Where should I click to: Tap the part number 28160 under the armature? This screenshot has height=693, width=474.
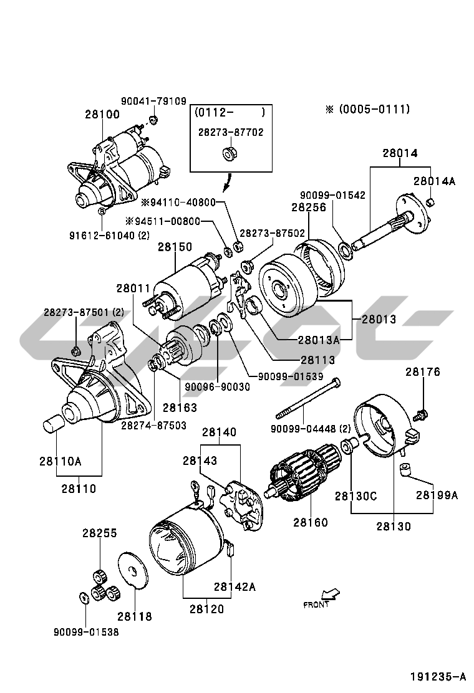click(x=310, y=522)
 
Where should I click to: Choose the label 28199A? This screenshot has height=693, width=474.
click(x=437, y=495)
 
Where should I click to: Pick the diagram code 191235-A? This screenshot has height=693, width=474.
click(x=438, y=676)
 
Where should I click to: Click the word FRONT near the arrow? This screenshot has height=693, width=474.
click(x=316, y=604)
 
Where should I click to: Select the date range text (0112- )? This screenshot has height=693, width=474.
click(x=230, y=113)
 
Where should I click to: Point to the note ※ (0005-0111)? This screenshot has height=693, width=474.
click(x=367, y=109)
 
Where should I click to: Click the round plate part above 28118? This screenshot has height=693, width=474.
click(x=132, y=568)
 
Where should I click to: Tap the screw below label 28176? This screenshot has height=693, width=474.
click(x=422, y=412)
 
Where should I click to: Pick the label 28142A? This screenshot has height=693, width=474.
click(x=235, y=586)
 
